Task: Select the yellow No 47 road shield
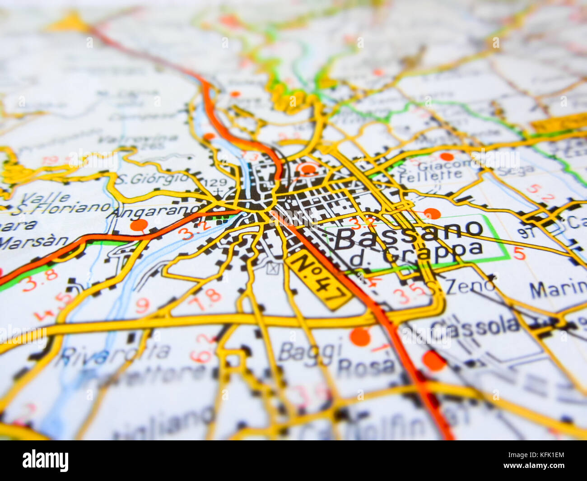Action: click(x=319, y=280)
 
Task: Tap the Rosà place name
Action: click(x=366, y=366)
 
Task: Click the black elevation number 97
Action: click(x=526, y=233)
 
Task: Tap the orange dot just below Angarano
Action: click(x=139, y=225)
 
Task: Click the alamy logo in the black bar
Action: click(x=46, y=461)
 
